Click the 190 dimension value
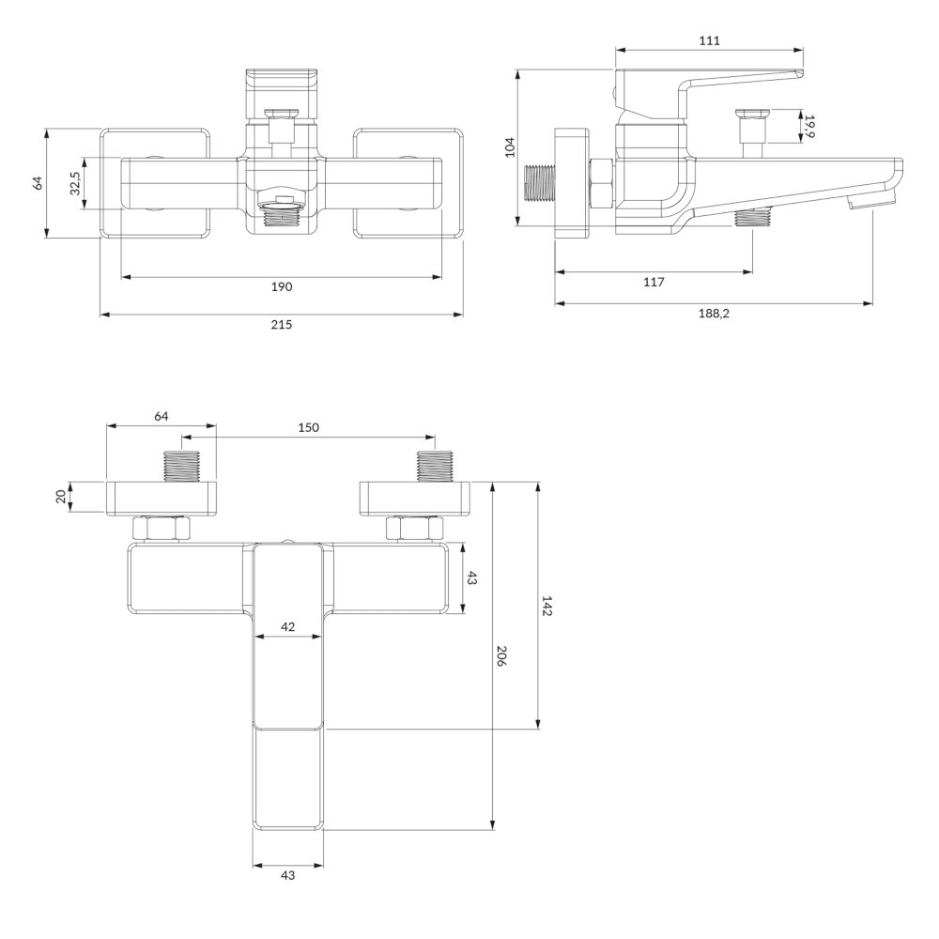(282, 286)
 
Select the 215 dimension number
(282, 325)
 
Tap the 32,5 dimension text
(75, 183)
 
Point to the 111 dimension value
(709, 40)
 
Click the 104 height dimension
(510, 147)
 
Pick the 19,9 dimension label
(809, 127)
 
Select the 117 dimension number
(654, 282)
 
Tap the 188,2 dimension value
(714, 314)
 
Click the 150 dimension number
(308, 427)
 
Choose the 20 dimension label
(60, 497)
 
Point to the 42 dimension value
(288, 626)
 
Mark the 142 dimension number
(546, 606)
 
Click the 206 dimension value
(501, 656)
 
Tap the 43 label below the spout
(288, 875)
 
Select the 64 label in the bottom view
(162, 416)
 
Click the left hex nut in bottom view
(162, 529)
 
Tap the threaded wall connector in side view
(540, 182)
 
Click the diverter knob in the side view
(753, 127)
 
